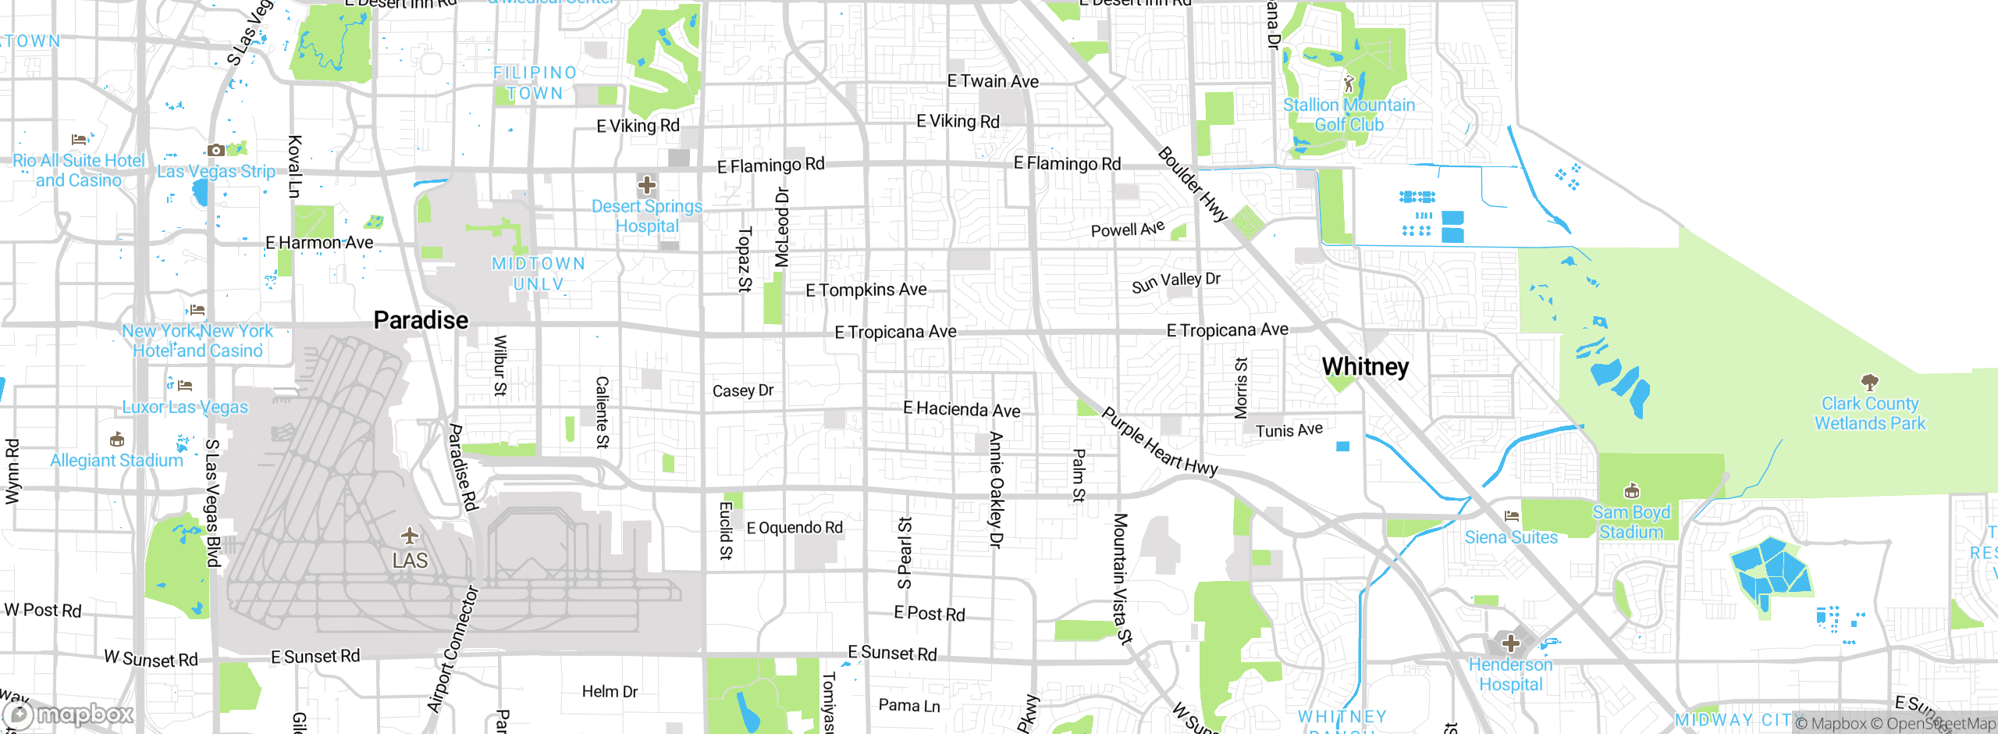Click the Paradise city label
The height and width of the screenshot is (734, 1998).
pos(421,320)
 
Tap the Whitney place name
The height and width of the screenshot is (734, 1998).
pos(1365,366)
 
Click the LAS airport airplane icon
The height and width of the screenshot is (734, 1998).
pos(410,536)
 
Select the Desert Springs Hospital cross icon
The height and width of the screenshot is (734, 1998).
pos(646,186)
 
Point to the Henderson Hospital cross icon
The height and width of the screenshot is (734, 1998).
pos(1511,643)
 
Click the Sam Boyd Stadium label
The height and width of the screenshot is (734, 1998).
pos(1631,522)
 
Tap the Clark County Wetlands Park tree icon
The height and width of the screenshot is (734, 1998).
pos(1869,382)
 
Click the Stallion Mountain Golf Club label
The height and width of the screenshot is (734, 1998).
pos(1349,115)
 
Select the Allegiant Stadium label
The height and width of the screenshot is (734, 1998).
pos(116,461)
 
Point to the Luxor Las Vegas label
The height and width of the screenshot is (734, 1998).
pos(185,407)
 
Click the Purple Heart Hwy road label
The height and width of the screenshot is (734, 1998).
pos(1159,442)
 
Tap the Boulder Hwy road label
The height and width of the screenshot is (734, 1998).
pos(1193,184)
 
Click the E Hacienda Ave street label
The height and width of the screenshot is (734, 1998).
pos(962,409)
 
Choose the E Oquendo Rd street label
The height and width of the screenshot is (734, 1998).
pos(795,528)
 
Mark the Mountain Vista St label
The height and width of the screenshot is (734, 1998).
pos(1122,578)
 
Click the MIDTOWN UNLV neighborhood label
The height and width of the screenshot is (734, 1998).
pos(539,274)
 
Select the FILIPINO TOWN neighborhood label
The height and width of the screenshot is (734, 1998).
pos(535,83)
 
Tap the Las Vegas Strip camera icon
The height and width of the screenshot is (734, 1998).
pos(216,150)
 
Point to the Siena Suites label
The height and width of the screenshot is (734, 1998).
pos(1511,537)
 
